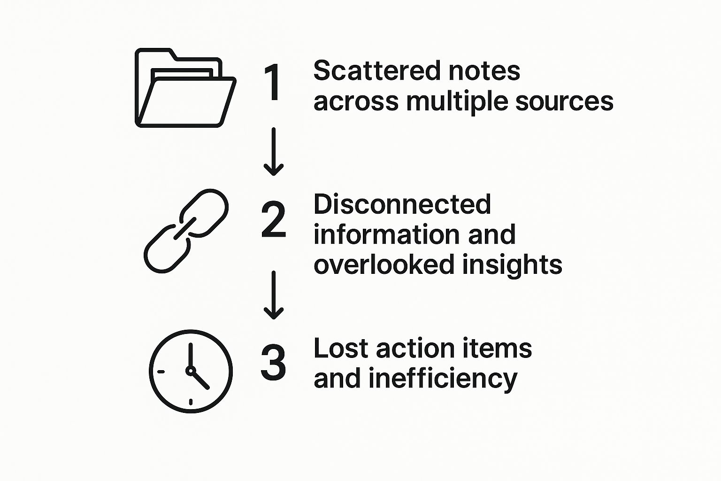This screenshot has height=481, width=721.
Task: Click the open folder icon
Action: coord(185,88)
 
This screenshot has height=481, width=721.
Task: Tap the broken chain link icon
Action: coord(186,231)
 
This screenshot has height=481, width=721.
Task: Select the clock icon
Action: coord(191,371)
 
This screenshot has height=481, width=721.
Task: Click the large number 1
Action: coord(273,83)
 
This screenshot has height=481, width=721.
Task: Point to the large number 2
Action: coord(273,219)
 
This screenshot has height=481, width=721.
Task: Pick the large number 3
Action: coord(273,363)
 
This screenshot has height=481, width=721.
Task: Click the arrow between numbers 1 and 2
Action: coord(273,152)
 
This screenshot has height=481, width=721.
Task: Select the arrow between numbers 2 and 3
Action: coord(273,295)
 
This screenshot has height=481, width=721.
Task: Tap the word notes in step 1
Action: coord(484,71)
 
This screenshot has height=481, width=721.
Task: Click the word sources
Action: coord(564,101)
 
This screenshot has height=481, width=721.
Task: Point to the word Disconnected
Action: coord(402,204)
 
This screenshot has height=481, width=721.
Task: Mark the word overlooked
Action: coord(384,264)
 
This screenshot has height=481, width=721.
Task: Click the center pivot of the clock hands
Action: coord(191,371)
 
